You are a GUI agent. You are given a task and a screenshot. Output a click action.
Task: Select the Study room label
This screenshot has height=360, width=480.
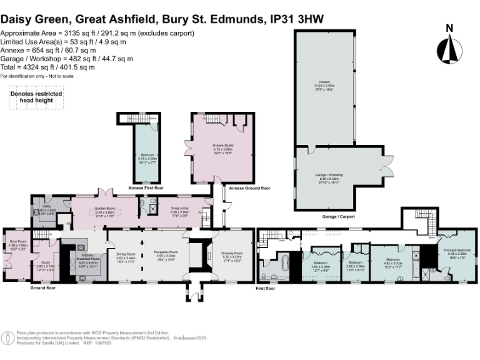[x=45, y=264]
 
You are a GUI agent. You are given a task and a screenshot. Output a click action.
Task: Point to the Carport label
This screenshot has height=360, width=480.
[x=324, y=83]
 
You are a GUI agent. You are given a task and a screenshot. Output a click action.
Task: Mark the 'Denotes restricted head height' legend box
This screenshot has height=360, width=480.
[x=31, y=98]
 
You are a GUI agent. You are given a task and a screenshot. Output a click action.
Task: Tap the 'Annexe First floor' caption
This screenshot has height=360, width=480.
[x=145, y=187]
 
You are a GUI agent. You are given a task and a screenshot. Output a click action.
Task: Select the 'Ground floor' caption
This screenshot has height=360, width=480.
[x=42, y=288]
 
